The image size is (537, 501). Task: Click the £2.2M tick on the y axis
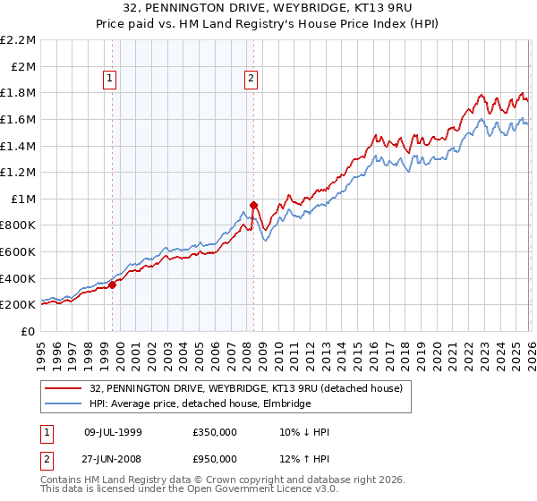click(18, 40)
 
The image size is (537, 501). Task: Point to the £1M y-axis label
click(23, 199)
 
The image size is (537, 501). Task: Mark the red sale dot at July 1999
click(113, 284)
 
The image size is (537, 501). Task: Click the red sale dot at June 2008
click(253, 205)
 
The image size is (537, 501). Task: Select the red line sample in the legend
click(64, 389)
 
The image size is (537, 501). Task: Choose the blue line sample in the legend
click(64, 403)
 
